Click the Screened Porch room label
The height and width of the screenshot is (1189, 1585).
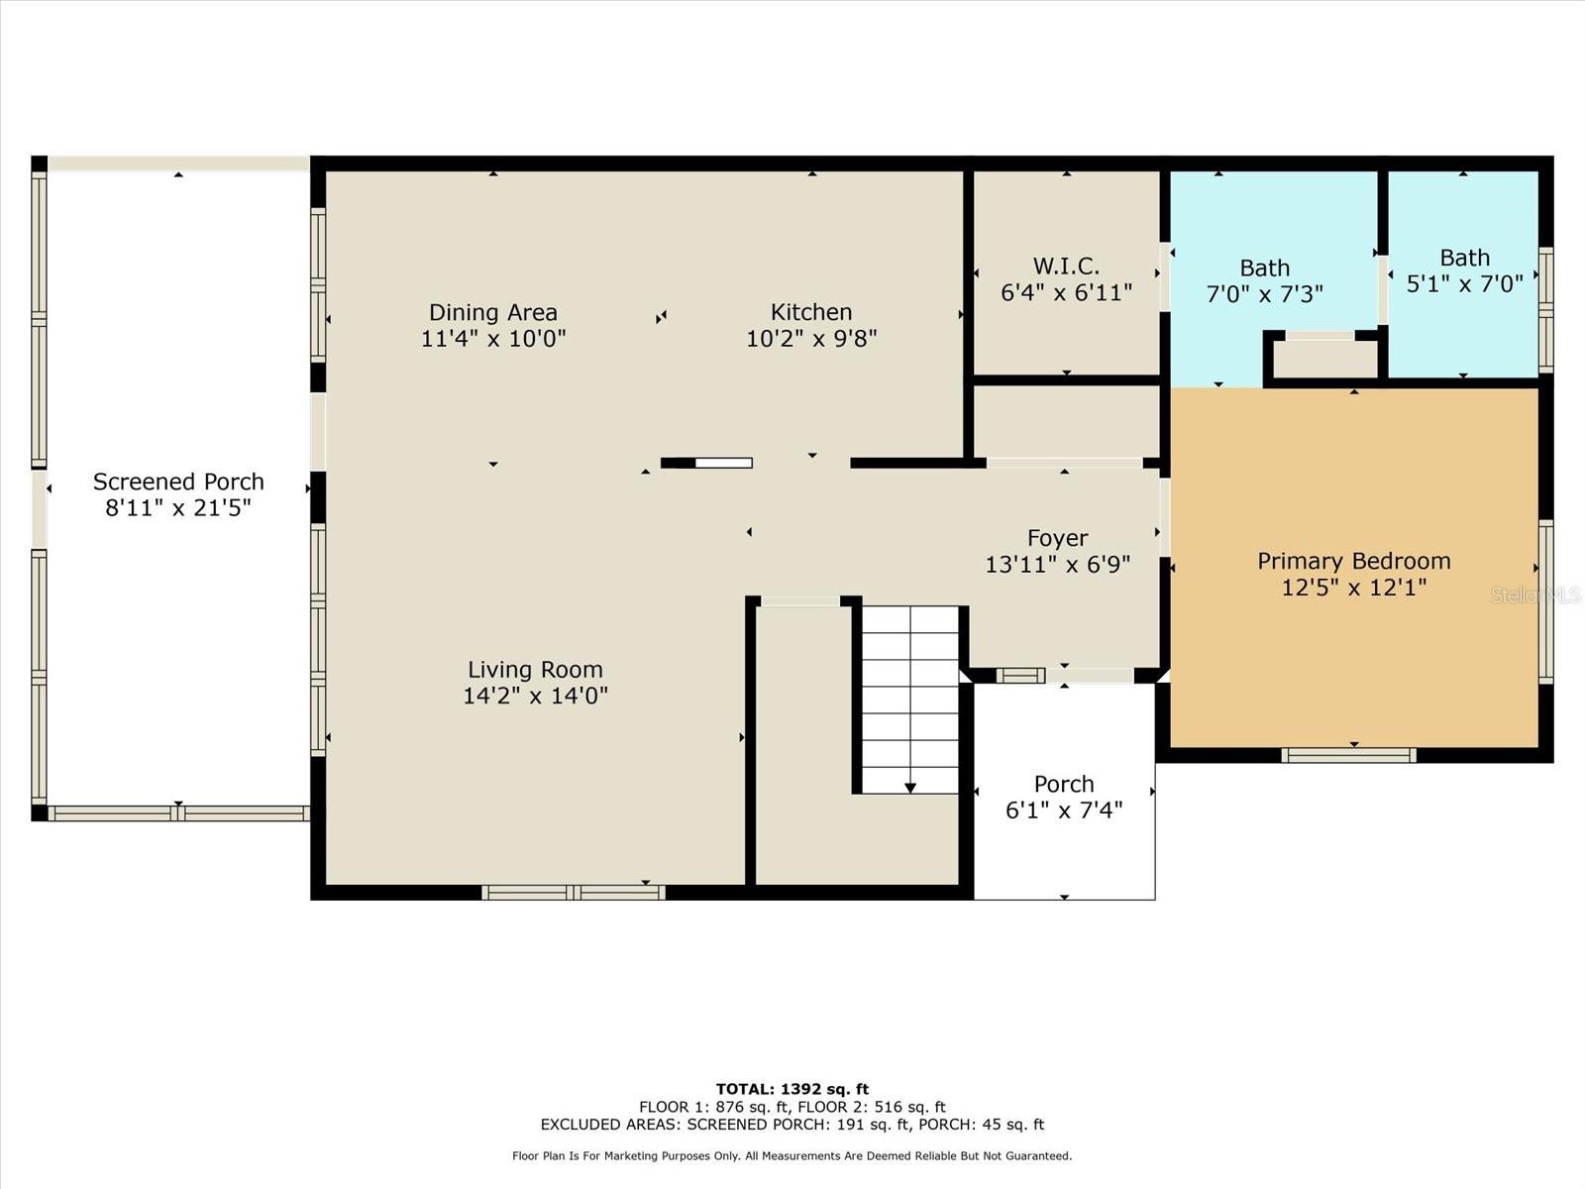pos(178,483)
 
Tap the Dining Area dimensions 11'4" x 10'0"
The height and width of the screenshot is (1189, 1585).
pos(493,339)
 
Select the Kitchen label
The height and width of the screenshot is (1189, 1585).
pos(811,312)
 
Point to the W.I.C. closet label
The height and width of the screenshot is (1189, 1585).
pos(1066,267)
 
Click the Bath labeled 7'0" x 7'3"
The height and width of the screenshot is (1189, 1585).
pos(1264,281)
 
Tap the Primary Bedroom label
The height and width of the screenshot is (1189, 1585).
pos(1353,561)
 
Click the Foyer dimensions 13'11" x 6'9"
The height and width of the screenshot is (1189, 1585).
pos(1057,565)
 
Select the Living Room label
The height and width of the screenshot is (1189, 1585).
pos(535,670)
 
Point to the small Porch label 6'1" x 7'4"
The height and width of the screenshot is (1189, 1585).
pos(1064,797)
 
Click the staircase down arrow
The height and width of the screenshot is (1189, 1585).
pos(910,787)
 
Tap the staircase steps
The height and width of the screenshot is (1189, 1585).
pos(909,694)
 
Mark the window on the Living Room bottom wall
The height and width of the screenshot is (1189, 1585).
pos(573,893)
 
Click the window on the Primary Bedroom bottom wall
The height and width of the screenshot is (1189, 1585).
pos(1348,755)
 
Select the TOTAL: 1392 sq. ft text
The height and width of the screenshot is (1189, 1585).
pos(792,1089)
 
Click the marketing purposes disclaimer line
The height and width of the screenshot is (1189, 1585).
pos(792,1155)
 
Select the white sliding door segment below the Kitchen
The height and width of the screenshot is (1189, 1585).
pos(723,463)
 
